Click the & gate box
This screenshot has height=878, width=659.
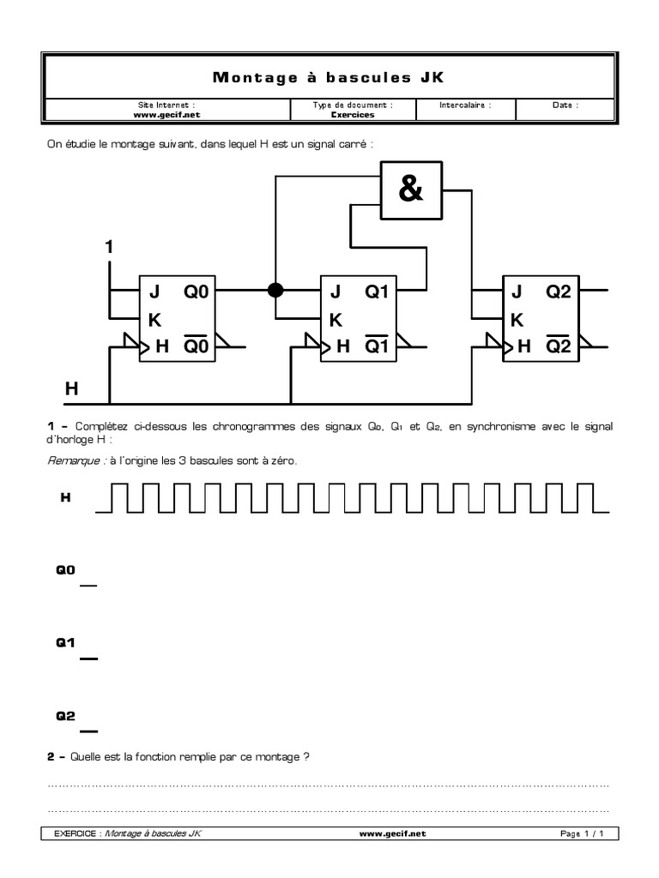coord(412,190)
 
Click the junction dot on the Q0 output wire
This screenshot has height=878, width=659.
coord(275,291)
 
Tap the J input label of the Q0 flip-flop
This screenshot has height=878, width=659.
coord(155,292)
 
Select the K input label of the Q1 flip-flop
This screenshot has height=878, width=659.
coord(336,320)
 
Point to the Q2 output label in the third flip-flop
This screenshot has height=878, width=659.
coord(558,292)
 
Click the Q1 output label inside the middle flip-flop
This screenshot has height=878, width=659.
coord(377,292)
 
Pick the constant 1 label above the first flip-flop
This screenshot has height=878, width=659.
coord(109,247)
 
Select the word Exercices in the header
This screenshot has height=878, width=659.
coord(352,113)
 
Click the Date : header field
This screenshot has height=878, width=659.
coord(565,105)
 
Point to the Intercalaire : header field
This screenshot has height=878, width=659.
coord(465,105)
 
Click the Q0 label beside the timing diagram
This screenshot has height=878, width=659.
coord(66,569)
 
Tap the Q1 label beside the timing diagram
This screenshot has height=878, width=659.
coord(66,642)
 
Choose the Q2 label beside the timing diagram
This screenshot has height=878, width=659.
coord(66,715)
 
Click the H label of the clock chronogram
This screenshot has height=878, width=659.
coord(65,496)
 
